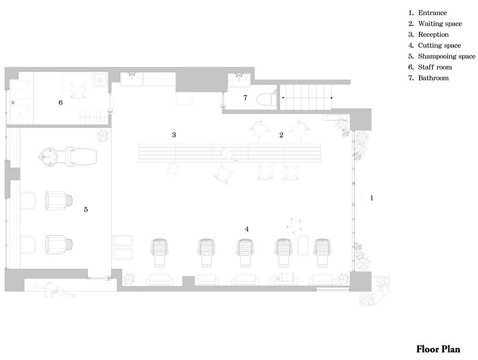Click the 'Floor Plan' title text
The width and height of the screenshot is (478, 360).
tap(438, 349)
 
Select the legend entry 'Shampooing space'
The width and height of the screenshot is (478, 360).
tap(442, 56)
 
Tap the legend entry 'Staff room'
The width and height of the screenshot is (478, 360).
tap(430, 67)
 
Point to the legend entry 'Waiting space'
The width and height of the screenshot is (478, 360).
tap(435, 24)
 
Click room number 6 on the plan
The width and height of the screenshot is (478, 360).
tap(61, 103)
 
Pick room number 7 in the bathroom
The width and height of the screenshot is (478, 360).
tap(245, 98)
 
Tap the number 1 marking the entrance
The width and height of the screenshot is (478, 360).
tap(372, 198)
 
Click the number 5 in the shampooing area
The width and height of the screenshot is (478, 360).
tap(86, 209)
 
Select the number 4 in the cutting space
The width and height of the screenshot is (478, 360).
tap(247, 229)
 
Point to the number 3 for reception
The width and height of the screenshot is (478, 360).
tap(174, 135)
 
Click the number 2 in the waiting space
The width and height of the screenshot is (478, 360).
tap(282, 135)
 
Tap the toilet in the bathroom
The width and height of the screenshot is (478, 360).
tap(266, 99)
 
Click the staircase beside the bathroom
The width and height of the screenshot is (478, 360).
tap(306, 97)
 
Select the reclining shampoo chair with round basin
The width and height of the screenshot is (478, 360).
tap(68, 157)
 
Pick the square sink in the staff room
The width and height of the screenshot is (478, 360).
tap(101, 81)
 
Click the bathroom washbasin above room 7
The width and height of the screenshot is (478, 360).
tap(240, 81)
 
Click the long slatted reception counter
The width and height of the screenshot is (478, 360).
tap(230, 153)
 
